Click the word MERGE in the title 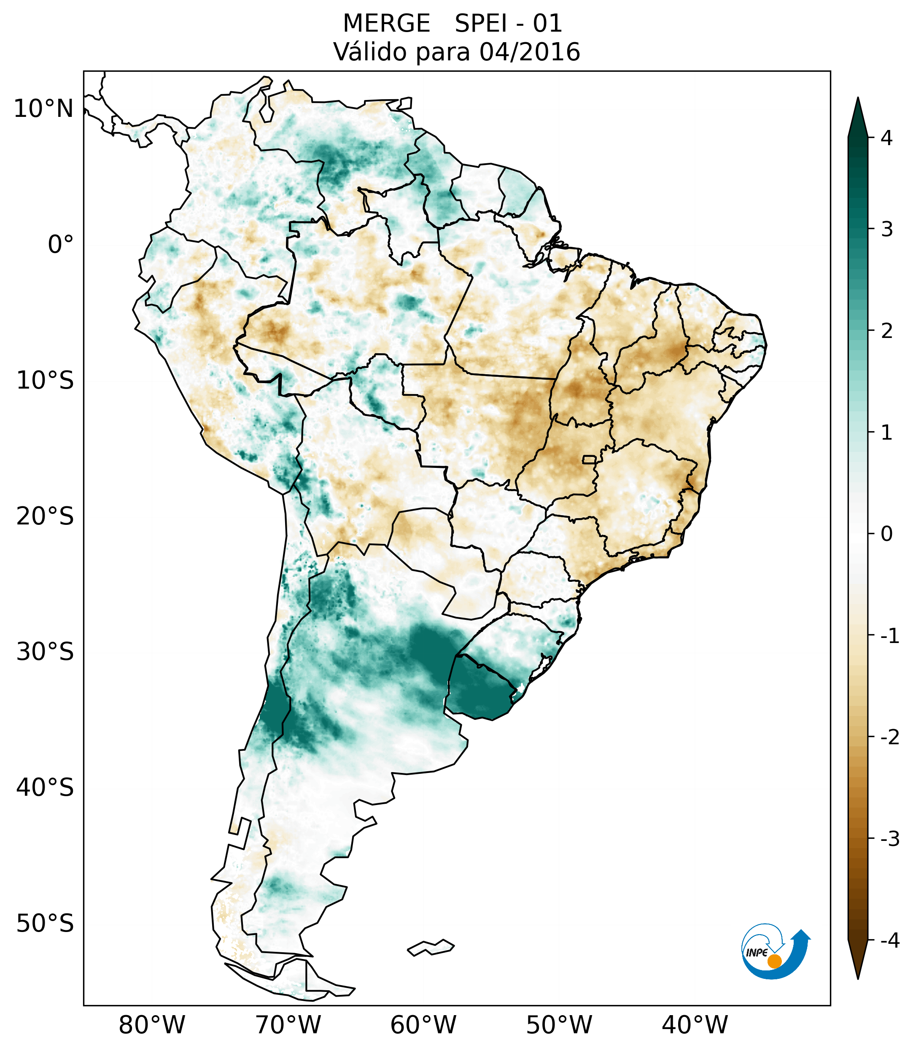pyautogui.click(x=386, y=24)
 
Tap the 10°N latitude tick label pyautogui.click(x=43, y=109)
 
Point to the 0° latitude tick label pyautogui.click(x=61, y=245)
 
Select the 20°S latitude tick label pyautogui.click(x=45, y=516)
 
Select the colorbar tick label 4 pyautogui.click(x=886, y=138)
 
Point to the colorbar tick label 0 pyautogui.click(x=886, y=534)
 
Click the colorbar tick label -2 pyautogui.click(x=889, y=738)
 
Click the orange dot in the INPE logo pyautogui.click(x=774, y=961)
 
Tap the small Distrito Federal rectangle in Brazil pyautogui.click(x=590, y=459)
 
